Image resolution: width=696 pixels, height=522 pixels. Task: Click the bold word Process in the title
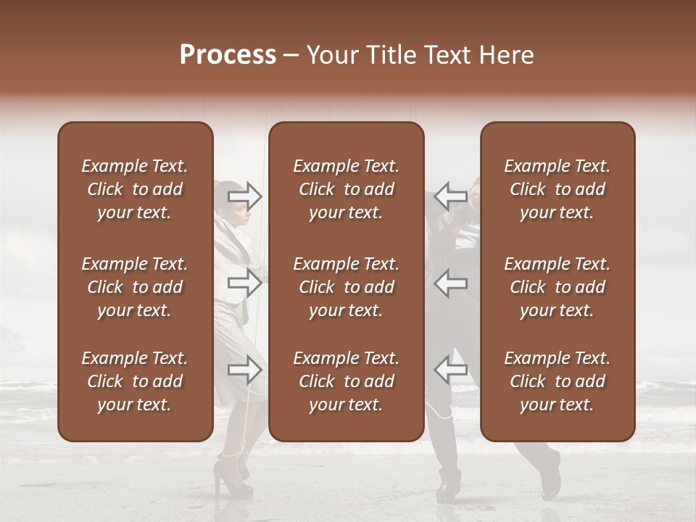point(228,55)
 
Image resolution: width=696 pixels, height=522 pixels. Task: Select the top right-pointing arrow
point(245,196)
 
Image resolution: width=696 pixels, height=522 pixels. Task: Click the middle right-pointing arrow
point(245,283)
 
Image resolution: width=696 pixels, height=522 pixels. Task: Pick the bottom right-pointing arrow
point(245,370)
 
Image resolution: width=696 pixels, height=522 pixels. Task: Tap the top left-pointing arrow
point(450,196)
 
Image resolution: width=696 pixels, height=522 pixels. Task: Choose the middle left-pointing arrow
point(450,283)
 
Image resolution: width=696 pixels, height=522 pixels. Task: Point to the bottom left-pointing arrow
point(450,370)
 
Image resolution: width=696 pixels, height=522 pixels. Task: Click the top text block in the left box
point(135,189)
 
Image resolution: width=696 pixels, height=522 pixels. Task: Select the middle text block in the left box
point(135,287)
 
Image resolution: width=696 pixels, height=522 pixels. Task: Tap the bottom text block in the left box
point(135,381)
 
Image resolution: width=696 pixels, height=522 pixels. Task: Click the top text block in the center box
point(346,189)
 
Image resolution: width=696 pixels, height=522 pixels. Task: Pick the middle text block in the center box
point(346,287)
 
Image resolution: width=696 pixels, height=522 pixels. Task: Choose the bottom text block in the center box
point(346,381)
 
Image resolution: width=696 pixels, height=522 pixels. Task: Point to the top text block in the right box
point(558,189)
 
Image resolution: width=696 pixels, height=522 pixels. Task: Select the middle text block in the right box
point(558,287)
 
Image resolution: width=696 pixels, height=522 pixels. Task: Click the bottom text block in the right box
point(558,381)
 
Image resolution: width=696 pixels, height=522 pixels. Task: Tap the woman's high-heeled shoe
point(231,481)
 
